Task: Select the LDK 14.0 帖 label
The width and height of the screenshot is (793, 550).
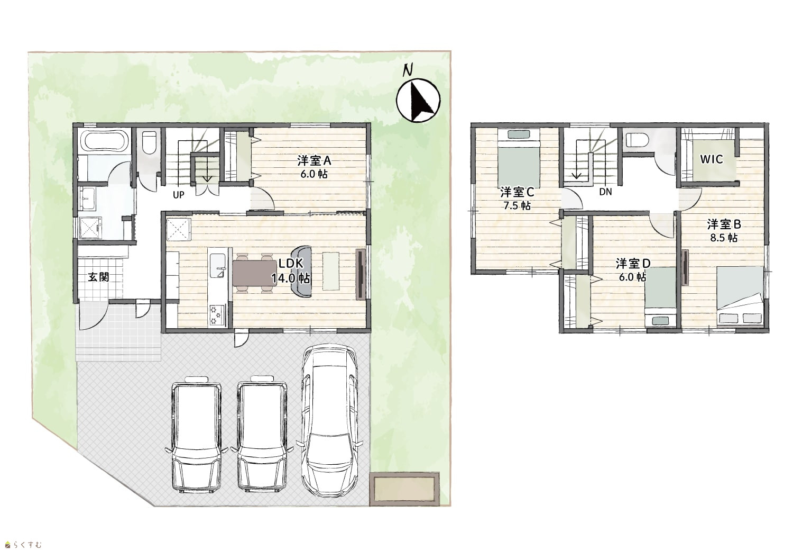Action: (291, 271)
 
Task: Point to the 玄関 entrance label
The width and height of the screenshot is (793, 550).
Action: (98, 277)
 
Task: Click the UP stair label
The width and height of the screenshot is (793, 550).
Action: (179, 195)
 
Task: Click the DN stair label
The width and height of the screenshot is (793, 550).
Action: (606, 192)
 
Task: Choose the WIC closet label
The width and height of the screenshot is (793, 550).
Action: (711, 159)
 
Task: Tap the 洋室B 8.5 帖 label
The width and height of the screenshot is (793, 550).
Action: (724, 231)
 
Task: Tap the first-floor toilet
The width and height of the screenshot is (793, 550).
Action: (149, 142)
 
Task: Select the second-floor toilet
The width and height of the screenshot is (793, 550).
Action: (637, 139)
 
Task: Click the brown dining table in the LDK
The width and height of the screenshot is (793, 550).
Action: (255, 273)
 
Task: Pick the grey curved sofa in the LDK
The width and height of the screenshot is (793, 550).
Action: (301, 271)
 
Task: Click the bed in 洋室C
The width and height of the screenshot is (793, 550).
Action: (519, 158)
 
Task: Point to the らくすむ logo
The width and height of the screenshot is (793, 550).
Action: (24, 544)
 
